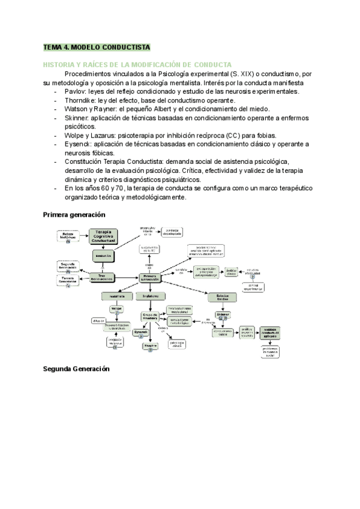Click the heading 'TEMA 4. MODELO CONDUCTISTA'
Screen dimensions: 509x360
96,46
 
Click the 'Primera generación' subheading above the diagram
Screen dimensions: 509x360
74,214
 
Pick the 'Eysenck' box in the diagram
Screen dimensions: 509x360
141,331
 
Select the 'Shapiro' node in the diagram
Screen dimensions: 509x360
151,346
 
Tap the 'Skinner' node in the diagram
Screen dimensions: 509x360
223,315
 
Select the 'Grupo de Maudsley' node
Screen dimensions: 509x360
150,317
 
